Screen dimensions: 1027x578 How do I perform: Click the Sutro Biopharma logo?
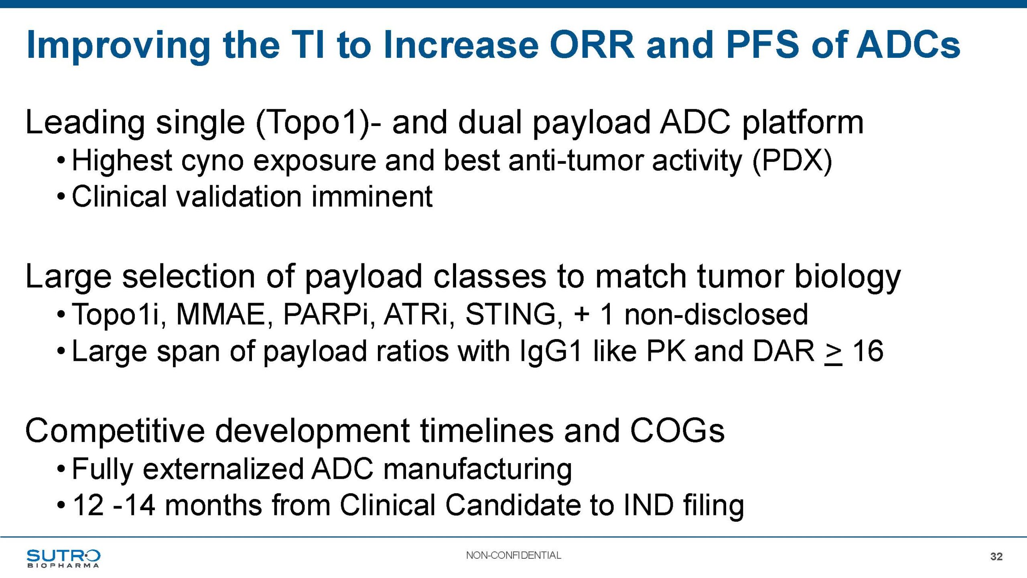pyautogui.click(x=63, y=558)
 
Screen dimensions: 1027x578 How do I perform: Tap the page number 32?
pyautogui.click(x=997, y=556)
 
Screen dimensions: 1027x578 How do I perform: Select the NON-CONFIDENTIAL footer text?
pyautogui.click(x=513, y=556)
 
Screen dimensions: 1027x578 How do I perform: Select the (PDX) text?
pyautogui.click(x=792, y=161)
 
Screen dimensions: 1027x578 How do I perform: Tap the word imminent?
pyautogui.click(x=372, y=197)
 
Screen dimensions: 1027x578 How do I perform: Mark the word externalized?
pyautogui.click(x=223, y=469)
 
